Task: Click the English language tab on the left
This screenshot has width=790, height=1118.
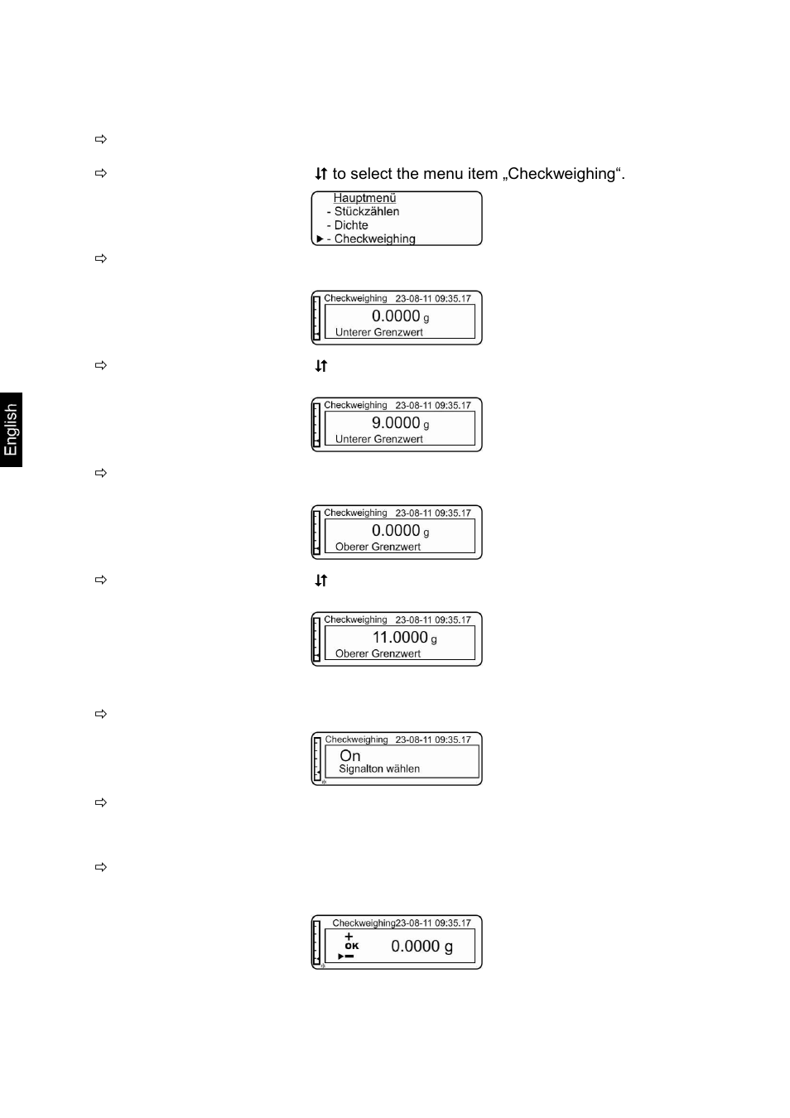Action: (x=11, y=430)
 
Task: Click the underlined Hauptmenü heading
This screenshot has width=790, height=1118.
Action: (x=364, y=198)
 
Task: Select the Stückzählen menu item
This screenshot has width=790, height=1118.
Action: (x=366, y=211)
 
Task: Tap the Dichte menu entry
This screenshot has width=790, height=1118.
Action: (x=351, y=225)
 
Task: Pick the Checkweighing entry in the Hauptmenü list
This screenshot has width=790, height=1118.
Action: (x=374, y=239)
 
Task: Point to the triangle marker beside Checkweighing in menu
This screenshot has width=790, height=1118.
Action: (x=320, y=239)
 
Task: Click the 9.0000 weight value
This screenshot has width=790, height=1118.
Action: (x=396, y=423)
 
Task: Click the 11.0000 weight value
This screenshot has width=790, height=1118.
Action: (x=400, y=638)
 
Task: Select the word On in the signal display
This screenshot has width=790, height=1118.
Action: (x=350, y=755)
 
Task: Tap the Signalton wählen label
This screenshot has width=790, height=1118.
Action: (x=379, y=769)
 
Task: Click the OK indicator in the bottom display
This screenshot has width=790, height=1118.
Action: (x=352, y=946)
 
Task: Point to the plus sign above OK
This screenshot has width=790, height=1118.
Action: (x=349, y=937)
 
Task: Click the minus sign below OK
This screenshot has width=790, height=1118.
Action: (x=349, y=956)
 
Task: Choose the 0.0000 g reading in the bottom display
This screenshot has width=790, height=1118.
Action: (x=421, y=946)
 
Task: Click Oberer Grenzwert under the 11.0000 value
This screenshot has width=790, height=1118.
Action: (x=378, y=653)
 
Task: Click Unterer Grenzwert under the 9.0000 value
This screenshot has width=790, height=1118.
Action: (x=378, y=439)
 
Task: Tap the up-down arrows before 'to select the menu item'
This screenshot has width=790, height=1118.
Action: (x=321, y=174)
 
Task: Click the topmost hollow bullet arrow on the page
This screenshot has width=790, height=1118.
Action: (x=101, y=139)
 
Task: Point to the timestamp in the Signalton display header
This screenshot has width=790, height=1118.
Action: (x=433, y=740)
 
